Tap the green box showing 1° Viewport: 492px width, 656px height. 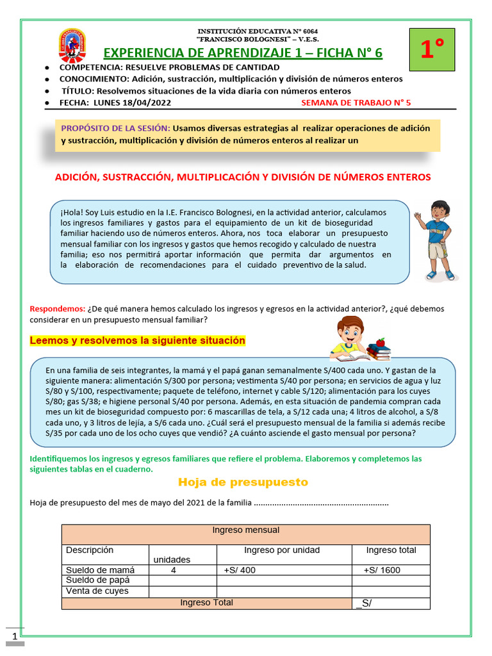[432, 49]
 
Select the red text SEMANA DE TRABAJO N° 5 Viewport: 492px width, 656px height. [356, 102]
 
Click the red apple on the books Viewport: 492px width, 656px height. [381, 342]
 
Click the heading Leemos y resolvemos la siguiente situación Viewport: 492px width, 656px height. [137, 341]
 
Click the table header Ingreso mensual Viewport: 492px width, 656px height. [245, 530]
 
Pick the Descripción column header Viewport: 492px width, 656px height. [89, 550]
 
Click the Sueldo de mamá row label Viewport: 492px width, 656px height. [100, 570]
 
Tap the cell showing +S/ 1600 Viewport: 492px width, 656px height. [382, 570]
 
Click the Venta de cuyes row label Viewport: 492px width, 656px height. [97, 591]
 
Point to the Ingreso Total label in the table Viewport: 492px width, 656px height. [206, 602]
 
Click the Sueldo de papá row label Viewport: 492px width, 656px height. [99, 580]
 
